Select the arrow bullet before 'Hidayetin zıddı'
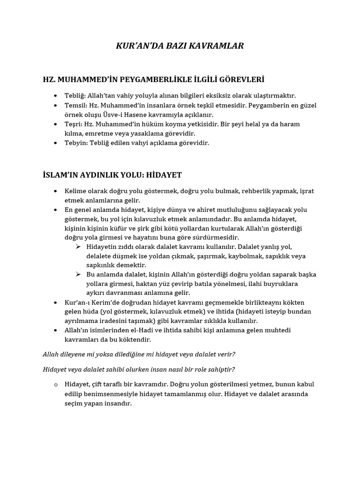pyautogui.click(x=78, y=247)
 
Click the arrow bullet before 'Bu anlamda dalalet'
pyautogui.click(x=78, y=275)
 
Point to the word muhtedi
pyautogui.click(x=278, y=330)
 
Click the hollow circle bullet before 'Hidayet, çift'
pyautogui.click(x=55, y=385)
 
